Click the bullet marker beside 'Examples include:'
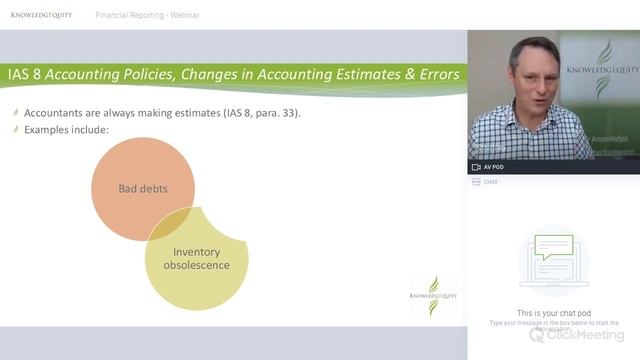click(x=15, y=131)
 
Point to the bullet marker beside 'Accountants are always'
click(x=15, y=113)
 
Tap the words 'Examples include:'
click(x=66, y=131)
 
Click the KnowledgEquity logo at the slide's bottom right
click(x=433, y=294)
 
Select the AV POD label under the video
click(x=493, y=167)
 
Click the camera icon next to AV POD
click(x=476, y=167)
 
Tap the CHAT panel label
click(x=490, y=182)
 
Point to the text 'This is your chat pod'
click(x=554, y=313)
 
